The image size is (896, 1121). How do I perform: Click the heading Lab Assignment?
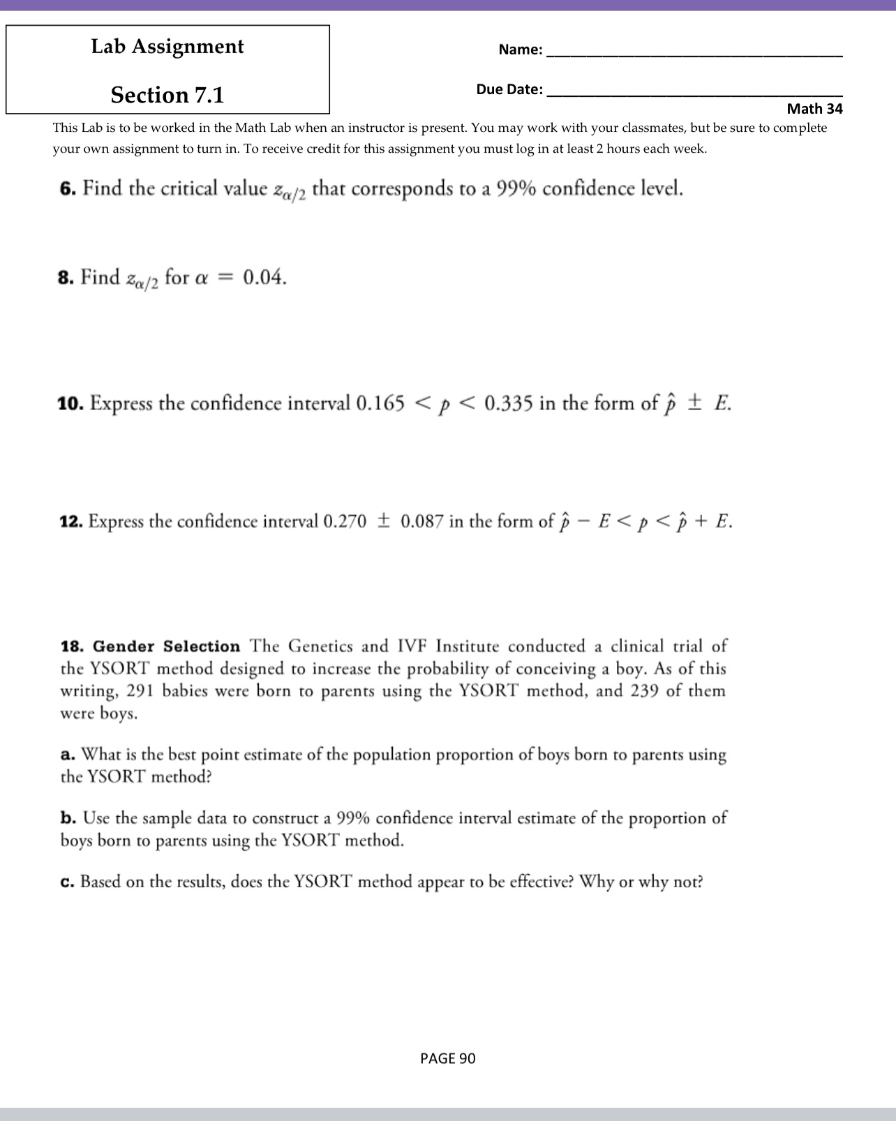(x=167, y=47)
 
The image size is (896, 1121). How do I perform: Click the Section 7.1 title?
(x=167, y=95)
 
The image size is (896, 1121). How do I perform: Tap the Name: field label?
(x=521, y=50)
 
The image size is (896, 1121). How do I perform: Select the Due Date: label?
(x=509, y=89)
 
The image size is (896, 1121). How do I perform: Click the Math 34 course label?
(x=814, y=109)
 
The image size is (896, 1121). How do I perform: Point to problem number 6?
(x=67, y=189)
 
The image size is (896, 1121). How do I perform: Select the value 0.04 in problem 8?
(x=264, y=278)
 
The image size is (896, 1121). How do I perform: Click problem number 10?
(x=70, y=404)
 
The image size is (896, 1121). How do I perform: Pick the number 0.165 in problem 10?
(x=380, y=404)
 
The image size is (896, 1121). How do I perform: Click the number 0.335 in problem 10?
(x=509, y=404)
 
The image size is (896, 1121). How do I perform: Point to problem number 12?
(x=71, y=522)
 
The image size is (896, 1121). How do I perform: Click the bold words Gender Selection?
(x=166, y=647)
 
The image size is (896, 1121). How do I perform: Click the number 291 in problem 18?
(x=141, y=691)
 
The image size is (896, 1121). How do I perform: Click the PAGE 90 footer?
(x=448, y=1059)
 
